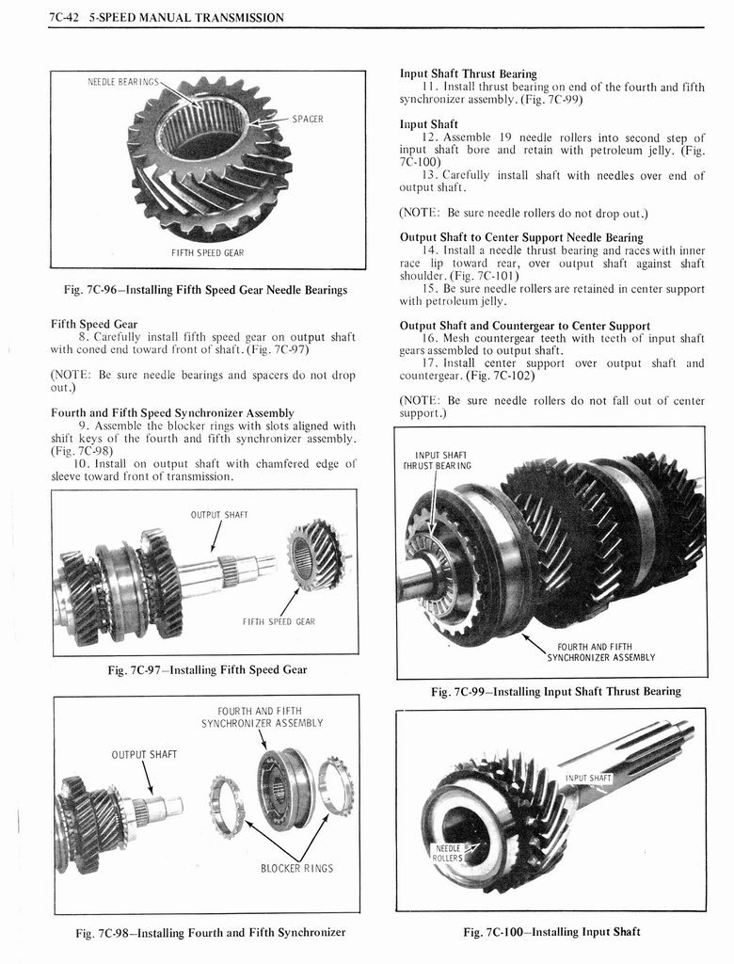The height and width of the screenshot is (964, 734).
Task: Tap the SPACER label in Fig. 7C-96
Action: [x=307, y=120]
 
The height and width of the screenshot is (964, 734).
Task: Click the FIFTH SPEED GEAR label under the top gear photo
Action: [x=207, y=252]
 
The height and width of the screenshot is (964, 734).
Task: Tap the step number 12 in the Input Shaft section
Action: [x=431, y=137]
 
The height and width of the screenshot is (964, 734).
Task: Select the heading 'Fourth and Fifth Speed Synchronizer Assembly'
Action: [x=171, y=412]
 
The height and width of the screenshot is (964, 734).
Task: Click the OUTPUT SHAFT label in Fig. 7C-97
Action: [x=217, y=514]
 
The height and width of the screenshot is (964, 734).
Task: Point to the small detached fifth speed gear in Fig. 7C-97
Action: [x=315, y=555]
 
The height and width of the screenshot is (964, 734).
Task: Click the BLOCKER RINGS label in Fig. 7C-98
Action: [x=296, y=868]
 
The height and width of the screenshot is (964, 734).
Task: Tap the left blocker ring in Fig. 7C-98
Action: [x=227, y=806]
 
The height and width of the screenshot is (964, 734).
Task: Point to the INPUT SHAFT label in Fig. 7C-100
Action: [x=588, y=778]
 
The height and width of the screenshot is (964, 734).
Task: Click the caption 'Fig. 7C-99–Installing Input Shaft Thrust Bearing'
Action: [x=555, y=691]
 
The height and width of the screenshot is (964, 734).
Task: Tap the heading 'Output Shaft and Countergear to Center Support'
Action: [x=524, y=327]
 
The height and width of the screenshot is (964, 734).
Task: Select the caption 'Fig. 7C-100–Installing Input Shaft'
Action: [x=551, y=932]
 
